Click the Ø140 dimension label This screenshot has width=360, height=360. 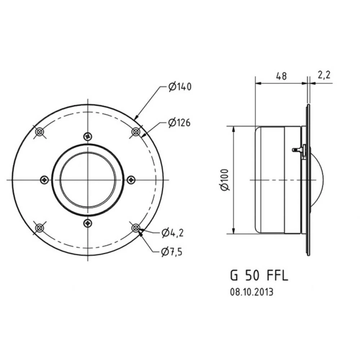point(180,87)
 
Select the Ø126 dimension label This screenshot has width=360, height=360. point(179,123)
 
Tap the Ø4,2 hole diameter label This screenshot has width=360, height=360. point(172,233)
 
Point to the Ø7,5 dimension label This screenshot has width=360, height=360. point(172,252)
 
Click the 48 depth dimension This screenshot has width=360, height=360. point(281,76)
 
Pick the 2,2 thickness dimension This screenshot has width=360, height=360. point(324,75)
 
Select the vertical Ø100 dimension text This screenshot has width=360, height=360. point(225,180)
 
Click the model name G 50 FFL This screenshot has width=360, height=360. point(259,276)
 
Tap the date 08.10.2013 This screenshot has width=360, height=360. point(252,292)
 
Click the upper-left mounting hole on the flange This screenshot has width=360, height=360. point(39,132)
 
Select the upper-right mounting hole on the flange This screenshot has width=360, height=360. point(136,132)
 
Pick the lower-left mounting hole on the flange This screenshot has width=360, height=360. point(39,228)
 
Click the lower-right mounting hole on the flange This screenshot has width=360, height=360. point(136,228)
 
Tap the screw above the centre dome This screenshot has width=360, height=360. point(87,136)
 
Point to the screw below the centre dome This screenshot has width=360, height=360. point(87,224)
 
